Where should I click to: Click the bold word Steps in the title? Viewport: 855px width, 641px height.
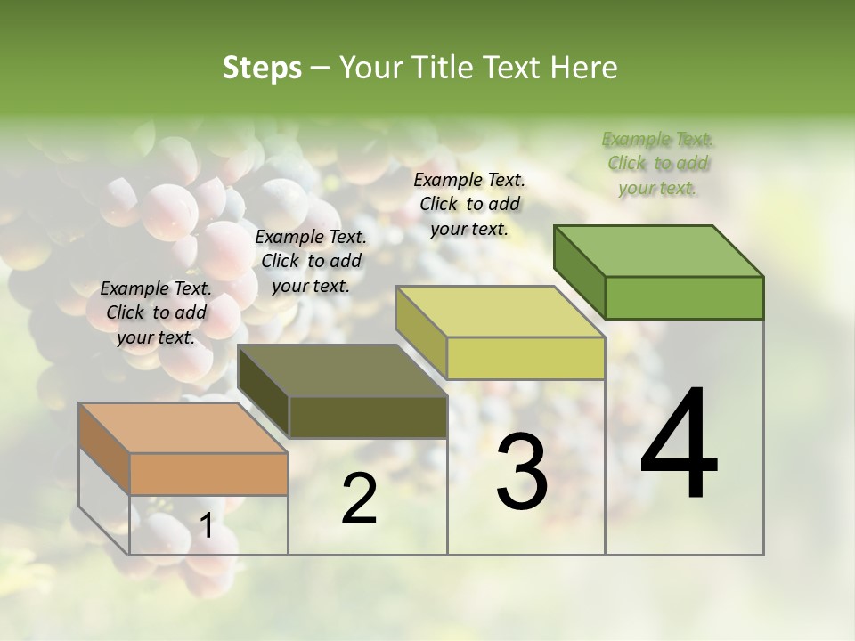coord(262,68)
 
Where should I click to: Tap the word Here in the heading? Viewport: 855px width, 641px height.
coord(586,68)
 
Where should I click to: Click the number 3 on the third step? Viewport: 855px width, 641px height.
coord(522,471)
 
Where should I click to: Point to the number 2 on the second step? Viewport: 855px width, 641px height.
coord(359,499)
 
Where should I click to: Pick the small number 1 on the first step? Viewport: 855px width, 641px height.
coord(206,526)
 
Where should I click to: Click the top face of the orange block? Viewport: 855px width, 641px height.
coord(183,428)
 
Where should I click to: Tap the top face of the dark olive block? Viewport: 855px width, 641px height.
coord(342,370)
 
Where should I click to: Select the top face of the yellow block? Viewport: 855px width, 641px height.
coord(500,312)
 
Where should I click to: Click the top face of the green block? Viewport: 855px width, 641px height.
coord(658,251)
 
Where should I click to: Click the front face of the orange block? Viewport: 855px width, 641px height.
coord(208,474)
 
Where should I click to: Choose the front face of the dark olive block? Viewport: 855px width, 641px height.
coord(368,418)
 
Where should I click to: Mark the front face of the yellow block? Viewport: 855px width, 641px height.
coord(525,358)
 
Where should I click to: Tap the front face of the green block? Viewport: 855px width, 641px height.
coord(684,297)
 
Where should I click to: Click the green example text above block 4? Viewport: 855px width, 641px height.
coord(657,163)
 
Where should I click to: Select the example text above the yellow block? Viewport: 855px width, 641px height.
coord(469,204)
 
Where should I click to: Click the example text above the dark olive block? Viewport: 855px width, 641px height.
coord(311,261)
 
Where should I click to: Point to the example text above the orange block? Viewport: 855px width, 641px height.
coord(156,312)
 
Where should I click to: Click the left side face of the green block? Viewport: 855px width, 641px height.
coord(579,272)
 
